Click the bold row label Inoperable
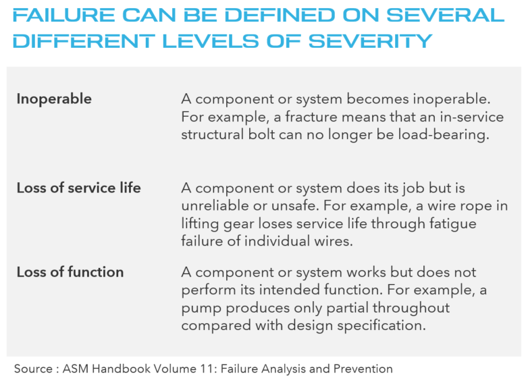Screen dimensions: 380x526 point(54,99)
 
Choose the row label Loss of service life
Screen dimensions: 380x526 point(78,188)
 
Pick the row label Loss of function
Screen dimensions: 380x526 point(70,272)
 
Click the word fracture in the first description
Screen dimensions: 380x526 point(311,117)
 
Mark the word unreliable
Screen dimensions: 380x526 point(215,206)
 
